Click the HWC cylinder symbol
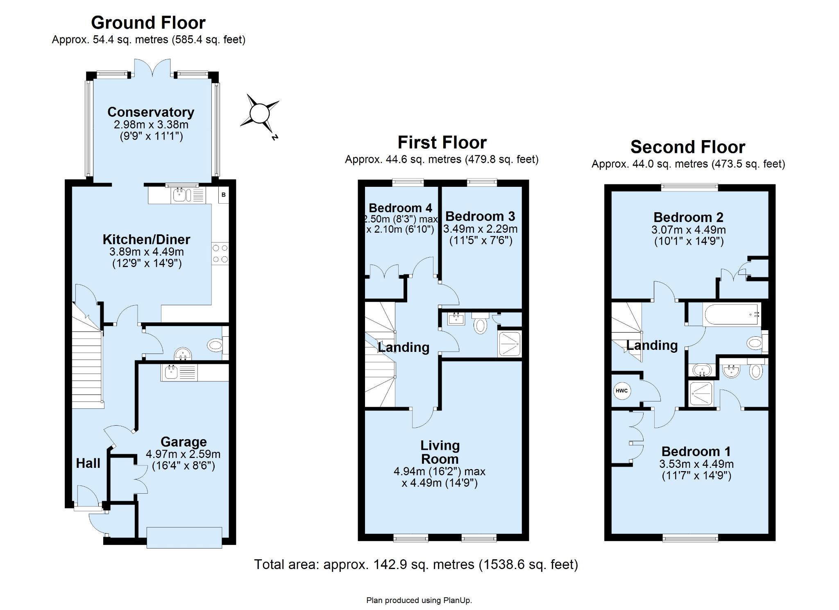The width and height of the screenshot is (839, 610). (x=621, y=390)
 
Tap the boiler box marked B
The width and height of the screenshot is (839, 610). (x=223, y=195)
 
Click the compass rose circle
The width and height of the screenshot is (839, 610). (x=259, y=113)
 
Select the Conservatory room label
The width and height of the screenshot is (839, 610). (x=151, y=112)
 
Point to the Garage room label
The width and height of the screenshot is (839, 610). (x=184, y=442)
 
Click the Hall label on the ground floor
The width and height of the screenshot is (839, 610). (x=88, y=463)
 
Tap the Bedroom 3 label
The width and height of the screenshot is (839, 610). (x=480, y=216)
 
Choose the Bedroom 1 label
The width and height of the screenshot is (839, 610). (x=696, y=451)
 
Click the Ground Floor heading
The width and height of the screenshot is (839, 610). (x=148, y=23)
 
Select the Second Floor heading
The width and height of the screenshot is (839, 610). (x=688, y=147)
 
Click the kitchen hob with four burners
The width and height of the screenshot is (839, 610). (x=220, y=254)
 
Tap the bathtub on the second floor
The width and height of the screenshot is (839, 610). (x=731, y=315)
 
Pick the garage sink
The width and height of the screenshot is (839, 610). (x=179, y=372)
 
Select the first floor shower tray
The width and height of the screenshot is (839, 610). (x=510, y=344)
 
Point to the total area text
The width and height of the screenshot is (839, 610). (x=416, y=565)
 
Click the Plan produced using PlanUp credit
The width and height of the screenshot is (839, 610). (x=419, y=601)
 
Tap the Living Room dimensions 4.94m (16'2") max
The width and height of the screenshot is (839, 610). (x=439, y=472)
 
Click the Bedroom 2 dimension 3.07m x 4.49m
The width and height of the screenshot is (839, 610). (x=688, y=230)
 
